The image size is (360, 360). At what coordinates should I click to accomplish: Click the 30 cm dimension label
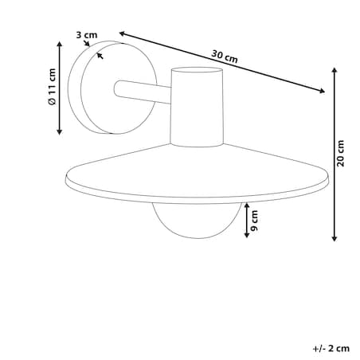pos(225,57)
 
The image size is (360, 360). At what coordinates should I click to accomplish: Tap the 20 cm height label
pos(340,154)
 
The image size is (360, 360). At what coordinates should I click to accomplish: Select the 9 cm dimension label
pos(254,221)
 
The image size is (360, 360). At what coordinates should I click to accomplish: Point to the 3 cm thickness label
pos(87,35)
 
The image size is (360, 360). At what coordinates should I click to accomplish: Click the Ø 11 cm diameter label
pos(53,87)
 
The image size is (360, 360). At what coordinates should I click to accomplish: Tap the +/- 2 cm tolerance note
pos(331,348)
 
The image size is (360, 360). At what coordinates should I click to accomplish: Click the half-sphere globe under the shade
pos(197,221)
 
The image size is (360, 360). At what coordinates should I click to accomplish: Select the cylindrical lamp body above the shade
pos(197,107)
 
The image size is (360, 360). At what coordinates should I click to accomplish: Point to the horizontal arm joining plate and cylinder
pos(142,92)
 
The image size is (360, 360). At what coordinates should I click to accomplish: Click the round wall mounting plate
pos(112,88)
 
